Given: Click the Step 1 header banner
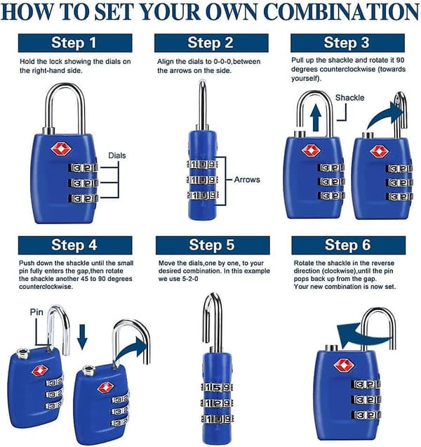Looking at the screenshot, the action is [75, 43].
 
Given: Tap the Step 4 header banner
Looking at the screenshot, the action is [75, 245].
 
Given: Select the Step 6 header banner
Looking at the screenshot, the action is [349, 245].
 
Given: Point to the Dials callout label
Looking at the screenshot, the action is [117, 155].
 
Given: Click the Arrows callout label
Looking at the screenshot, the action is [247, 180].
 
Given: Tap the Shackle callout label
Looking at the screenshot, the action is [349, 98].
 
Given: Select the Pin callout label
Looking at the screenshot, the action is [36, 312].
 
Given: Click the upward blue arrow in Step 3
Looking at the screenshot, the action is [316, 117].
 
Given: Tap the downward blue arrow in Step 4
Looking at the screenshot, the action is [82, 337].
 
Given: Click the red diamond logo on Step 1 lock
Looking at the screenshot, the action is [61, 148].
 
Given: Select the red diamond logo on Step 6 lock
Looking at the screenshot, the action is [344, 365].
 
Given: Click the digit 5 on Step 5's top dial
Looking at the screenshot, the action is [217, 387].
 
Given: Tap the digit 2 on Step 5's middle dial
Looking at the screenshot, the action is [217, 403].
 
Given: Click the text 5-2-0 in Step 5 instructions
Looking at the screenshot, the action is [189, 278].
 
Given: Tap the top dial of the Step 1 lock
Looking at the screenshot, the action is [83, 167].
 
